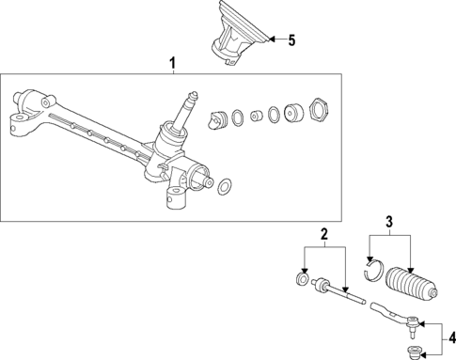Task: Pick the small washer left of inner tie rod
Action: coord(301,280)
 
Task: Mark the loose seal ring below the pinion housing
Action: coord(224,189)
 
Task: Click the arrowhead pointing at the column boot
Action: coord(269,40)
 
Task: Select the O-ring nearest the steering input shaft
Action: coord(239,117)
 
